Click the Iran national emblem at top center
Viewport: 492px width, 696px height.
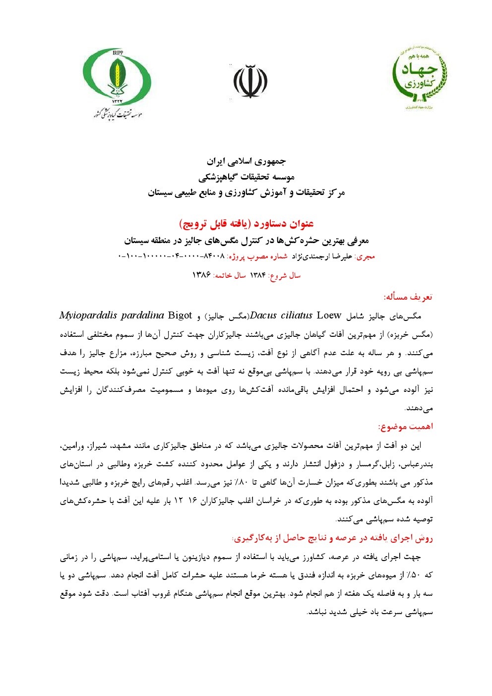(250, 81)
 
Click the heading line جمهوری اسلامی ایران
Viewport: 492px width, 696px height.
(246, 162)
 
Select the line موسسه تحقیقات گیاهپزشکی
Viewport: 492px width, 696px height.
(246, 177)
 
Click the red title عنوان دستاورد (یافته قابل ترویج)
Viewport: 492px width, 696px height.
(246, 224)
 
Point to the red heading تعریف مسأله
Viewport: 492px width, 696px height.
(408, 297)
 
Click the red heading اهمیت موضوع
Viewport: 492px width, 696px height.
(406, 427)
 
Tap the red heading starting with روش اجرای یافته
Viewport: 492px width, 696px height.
(332, 538)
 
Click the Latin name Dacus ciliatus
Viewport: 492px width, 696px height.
(281, 316)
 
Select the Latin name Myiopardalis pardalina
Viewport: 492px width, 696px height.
(112, 316)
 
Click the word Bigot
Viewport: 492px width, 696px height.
(180, 316)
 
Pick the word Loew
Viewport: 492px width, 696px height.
(329, 316)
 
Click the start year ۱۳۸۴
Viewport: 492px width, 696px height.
(257, 275)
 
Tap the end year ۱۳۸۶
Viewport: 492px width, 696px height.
(201, 275)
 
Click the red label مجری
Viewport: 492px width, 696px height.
(366, 257)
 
